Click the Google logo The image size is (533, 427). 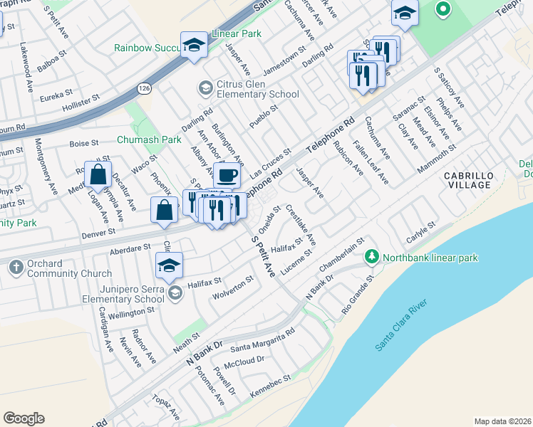(x=24, y=418)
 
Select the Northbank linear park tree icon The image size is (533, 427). (x=371, y=256)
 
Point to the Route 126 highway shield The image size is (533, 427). (x=144, y=88)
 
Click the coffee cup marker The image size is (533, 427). (x=227, y=174)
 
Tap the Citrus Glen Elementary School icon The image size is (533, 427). (x=205, y=88)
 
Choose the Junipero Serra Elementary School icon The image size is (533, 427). (x=175, y=292)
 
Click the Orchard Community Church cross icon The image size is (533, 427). (x=16, y=268)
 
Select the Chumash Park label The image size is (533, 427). (x=149, y=140)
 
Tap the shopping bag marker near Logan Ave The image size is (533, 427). (x=98, y=174)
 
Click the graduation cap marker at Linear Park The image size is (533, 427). (x=192, y=45)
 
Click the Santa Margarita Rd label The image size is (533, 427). (x=262, y=339)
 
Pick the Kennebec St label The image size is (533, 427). (x=271, y=380)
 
